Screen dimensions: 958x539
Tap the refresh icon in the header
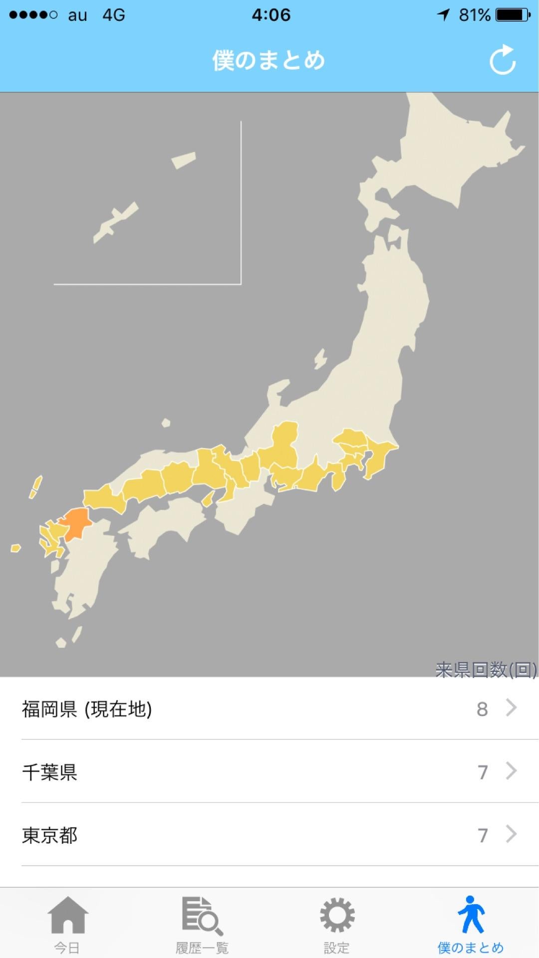click(502, 60)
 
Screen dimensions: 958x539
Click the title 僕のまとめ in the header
click(269, 60)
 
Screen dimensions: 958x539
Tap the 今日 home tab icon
click(68, 915)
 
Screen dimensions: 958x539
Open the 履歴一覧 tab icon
click(202, 915)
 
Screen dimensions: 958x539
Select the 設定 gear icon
click(337, 915)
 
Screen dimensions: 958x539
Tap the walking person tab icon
click(471, 914)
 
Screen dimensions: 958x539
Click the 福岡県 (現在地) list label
click(87, 709)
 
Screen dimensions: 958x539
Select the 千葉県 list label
click(50, 772)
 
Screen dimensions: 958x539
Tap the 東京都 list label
click(50, 835)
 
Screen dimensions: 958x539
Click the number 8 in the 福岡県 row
click(482, 709)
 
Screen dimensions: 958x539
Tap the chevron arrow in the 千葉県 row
click(511, 771)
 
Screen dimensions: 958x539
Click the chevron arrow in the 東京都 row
click(511, 834)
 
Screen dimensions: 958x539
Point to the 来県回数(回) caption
click(486, 670)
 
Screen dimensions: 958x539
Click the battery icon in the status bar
click(513, 15)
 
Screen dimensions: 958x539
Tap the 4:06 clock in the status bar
click(271, 15)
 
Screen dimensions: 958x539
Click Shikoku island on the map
click(165, 524)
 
